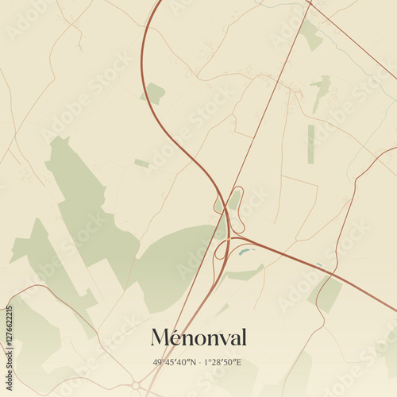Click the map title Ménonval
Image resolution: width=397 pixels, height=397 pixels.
coord(198,337)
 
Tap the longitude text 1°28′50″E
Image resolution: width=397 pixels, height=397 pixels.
coord(225,362)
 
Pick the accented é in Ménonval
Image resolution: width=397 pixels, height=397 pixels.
coord(179,337)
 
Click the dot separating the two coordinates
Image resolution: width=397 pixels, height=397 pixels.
coord(198,362)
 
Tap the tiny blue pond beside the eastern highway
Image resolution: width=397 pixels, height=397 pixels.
coord(319,265)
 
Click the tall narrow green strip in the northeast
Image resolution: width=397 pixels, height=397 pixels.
coord(310,144)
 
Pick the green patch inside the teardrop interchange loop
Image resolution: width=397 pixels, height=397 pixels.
coord(234,198)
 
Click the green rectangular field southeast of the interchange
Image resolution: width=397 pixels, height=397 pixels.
coord(328,295)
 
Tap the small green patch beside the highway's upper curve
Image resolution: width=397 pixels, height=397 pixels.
coord(153,94)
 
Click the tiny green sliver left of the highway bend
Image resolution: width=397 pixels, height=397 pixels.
coord(141,164)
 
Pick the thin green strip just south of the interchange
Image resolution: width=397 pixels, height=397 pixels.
coord(245,274)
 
